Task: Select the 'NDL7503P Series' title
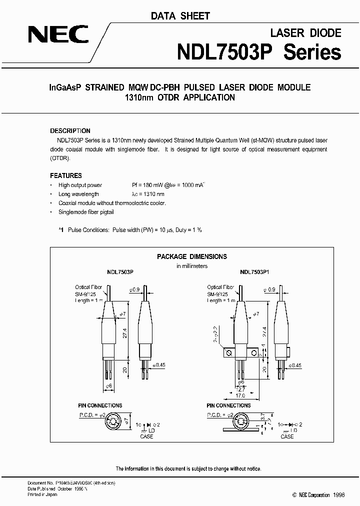pos(259,52)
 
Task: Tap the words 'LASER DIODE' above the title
pos(305,33)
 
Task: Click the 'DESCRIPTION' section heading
pos(70,131)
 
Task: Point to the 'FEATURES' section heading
pos(66,175)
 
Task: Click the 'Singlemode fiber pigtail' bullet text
pos(86,212)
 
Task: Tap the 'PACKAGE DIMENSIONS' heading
pos(192,256)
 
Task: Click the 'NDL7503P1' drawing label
pos(254,273)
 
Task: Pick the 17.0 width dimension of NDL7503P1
pos(243,394)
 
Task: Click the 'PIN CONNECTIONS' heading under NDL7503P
pos(100,405)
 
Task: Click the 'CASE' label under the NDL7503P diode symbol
pos(146,436)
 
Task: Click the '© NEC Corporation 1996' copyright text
pos(310,494)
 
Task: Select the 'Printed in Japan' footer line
pos(42,494)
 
